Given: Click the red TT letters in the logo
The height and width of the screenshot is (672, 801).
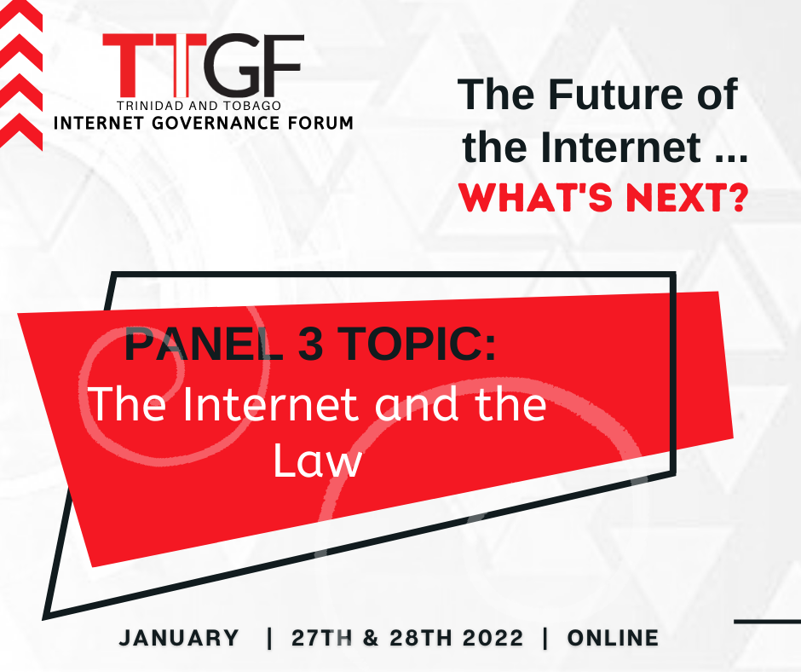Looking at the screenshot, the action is [155, 65].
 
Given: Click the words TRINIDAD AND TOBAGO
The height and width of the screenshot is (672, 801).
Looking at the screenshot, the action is [199, 106].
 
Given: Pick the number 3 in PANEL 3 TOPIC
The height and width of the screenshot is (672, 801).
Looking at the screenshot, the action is [310, 344].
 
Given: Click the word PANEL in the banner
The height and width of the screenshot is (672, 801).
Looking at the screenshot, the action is [204, 344].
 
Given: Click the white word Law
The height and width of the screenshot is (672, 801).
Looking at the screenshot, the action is [318, 461].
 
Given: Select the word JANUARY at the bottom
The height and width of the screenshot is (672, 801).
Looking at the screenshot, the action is [179, 638].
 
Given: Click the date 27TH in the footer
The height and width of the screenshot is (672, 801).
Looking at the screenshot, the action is [322, 638].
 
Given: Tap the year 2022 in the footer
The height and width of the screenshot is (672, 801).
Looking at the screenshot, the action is [493, 638].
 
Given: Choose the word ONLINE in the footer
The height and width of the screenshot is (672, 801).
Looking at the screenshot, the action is [613, 638].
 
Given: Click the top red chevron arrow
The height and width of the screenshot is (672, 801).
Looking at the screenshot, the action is [21, 16].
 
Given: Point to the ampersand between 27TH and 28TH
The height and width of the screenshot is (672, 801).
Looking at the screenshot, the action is [371, 638].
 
